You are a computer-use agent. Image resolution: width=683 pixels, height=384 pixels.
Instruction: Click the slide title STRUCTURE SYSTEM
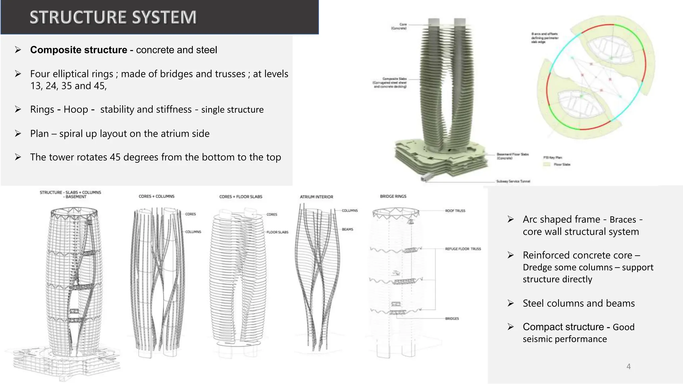(113, 17)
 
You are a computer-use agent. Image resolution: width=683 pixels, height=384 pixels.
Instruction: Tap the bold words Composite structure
(79, 50)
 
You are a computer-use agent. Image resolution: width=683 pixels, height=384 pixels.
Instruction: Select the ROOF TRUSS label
(455, 211)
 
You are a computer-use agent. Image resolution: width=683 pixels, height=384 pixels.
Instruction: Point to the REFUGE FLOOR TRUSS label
(463, 249)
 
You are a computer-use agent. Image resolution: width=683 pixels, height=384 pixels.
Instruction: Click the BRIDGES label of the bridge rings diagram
(452, 319)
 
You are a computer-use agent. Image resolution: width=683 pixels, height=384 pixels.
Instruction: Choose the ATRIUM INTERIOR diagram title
(316, 197)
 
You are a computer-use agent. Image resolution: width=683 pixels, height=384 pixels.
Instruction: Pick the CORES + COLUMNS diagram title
(156, 196)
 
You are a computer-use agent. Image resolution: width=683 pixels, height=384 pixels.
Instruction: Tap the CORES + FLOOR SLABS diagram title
(240, 197)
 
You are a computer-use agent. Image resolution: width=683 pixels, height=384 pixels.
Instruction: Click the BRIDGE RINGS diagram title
(393, 196)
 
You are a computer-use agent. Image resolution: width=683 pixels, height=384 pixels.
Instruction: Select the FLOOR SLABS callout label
(277, 232)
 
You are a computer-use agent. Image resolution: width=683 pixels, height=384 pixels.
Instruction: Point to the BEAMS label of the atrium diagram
(347, 229)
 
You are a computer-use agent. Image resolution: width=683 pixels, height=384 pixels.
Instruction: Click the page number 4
(628, 366)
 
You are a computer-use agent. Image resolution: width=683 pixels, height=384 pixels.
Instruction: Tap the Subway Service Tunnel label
(513, 181)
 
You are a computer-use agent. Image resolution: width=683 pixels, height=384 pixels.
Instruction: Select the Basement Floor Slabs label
(512, 156)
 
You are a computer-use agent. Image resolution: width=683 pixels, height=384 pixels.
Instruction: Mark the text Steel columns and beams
(579, 303)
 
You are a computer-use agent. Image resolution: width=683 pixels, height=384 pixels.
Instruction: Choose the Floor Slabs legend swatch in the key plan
(546, 164)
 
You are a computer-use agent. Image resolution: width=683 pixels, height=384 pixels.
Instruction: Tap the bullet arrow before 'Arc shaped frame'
(511, 219)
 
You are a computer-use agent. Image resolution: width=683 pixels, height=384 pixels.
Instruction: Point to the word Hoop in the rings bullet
(76, 110)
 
